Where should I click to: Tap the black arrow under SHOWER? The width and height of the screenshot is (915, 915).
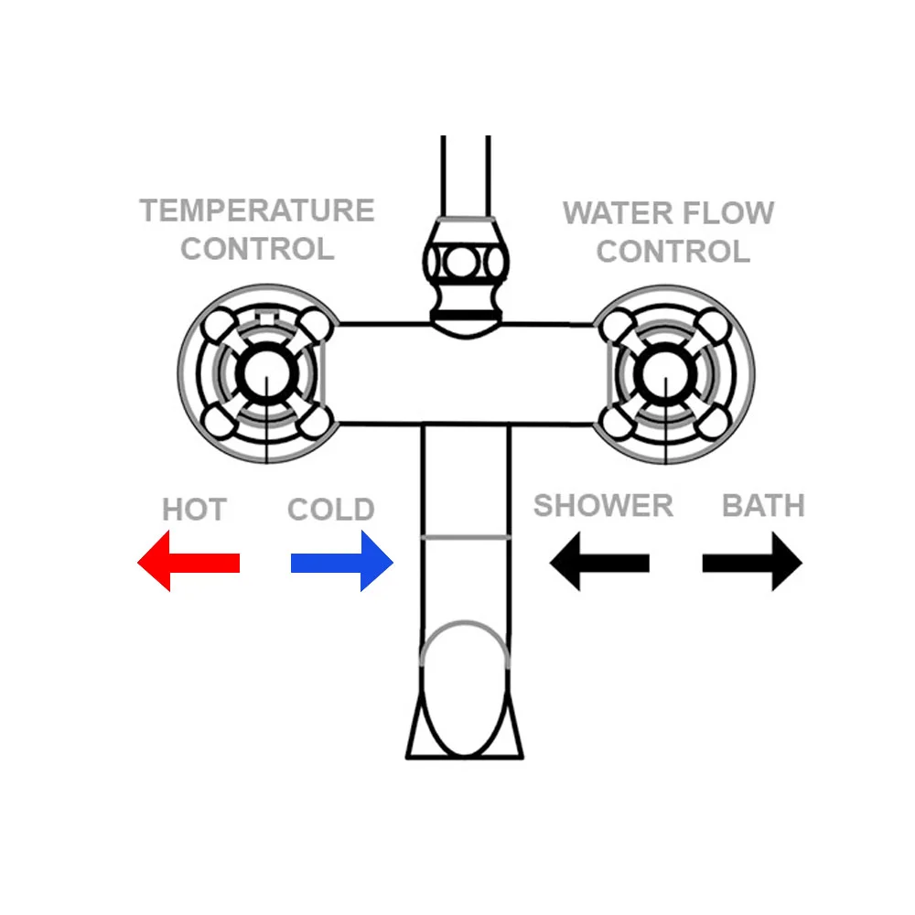point(599,563)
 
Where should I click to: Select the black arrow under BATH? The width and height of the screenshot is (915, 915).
point(752,563)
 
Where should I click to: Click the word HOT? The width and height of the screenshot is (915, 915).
point(194,510)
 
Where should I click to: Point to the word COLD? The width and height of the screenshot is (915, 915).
point(331,510)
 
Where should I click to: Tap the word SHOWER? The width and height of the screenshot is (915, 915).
point(603,505)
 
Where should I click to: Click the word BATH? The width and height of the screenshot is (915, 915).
point(763,505)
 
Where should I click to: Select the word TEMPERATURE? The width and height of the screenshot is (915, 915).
point(257,210)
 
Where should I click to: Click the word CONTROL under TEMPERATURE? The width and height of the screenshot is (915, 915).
point(257,249)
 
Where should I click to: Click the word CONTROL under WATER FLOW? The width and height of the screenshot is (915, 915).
point(673,252)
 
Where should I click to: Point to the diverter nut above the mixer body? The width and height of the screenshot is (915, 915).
point(465,265)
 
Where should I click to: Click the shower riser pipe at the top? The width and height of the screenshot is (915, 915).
point(465,174)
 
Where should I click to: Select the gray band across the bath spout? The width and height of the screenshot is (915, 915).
point(465,536)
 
